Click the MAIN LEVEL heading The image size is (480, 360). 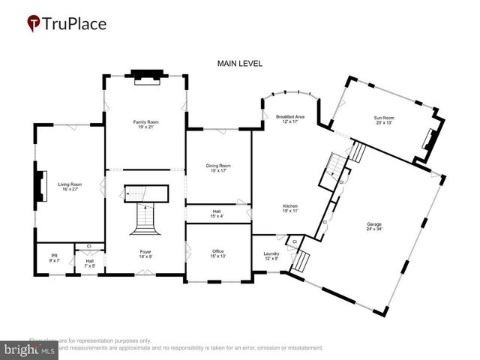239,64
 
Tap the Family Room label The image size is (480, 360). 146,124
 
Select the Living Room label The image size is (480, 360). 70,187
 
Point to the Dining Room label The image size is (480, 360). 218,168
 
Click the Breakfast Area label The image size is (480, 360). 289,119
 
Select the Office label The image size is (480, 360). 217,253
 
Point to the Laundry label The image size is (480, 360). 271,256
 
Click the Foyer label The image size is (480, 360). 145,253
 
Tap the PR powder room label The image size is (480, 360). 54,257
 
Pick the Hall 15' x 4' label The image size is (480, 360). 217,214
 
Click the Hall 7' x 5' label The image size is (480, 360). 89,263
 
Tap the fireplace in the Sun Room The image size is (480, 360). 429,139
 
